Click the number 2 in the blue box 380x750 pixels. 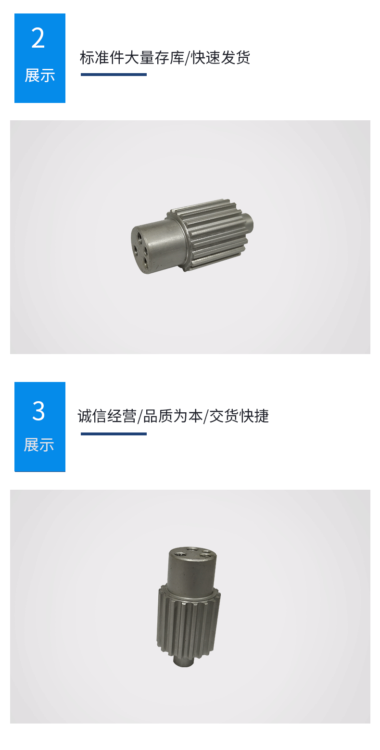tap(38, 38)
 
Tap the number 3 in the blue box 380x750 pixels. tap(38, 411)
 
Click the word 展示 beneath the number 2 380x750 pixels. tap(39, 76)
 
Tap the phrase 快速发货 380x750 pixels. tap(221, 58)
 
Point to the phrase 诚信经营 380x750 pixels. tap(107, 416)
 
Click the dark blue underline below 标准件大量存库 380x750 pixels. tap(114, 75)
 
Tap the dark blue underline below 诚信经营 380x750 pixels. tap(114, 434)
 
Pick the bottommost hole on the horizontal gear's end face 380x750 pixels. tap(146, 261)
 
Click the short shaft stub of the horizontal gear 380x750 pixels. tap(248, 223)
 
